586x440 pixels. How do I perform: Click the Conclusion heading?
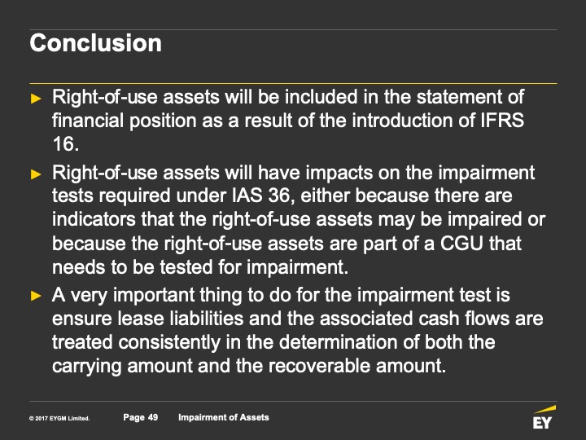[x=96, y=43]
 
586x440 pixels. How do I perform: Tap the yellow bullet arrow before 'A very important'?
[x=36, y=296]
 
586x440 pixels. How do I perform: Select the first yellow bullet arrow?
[x=36, y=99]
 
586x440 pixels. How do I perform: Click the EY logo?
[x=544, y=417]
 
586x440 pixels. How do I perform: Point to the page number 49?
[x=153, y=417]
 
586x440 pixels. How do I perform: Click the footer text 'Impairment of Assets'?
[x=224, y=417]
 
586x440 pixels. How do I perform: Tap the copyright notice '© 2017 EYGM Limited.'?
[x=59, y=418]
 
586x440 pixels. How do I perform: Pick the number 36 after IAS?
[x=278, y=196]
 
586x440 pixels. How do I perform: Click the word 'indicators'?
[x=94, y=219]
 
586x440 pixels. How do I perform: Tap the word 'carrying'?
[x=87, y=367]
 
